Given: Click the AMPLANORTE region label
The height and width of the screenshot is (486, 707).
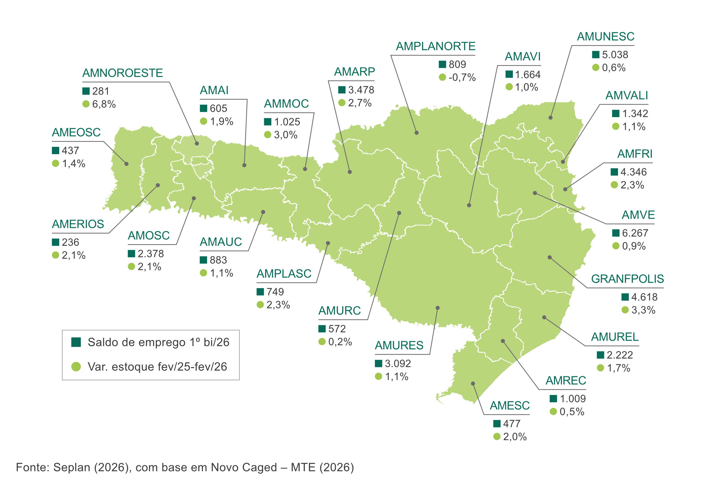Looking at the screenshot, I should pos(435,46).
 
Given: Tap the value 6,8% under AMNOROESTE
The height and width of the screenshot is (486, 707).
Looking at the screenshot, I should pos(104,104).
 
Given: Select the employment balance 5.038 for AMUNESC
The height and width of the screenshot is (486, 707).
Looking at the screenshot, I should pos(615,55).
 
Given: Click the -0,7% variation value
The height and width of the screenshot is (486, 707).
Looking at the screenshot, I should pos(462,77).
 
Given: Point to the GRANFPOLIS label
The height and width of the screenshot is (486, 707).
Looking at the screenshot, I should pos(627,279).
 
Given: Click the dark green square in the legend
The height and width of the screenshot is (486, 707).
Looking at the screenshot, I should pos(76,342).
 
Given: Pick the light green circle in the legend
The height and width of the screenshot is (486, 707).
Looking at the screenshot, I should pos(76,367).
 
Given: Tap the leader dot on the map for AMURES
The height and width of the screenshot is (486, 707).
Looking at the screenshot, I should pos(438,308).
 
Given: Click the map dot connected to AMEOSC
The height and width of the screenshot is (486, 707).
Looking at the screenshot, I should pos(127,164).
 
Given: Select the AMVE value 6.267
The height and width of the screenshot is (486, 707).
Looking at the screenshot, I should pos(635,233).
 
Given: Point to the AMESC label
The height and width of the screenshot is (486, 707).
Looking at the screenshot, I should pos(509,406).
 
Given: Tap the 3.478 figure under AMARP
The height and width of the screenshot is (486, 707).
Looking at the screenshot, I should pos(361,90).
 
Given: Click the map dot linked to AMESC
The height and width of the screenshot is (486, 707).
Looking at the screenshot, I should pos(473,383).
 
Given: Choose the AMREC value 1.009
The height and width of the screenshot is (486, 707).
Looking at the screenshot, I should pos(572,399).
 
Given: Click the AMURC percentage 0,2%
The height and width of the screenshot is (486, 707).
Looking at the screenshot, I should pos(340,342).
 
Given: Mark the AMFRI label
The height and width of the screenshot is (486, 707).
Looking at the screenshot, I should pos(634,154).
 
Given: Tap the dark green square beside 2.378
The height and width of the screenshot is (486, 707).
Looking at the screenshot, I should pos(131,254).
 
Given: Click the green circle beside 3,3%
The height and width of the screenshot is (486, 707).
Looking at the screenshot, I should pos(625,310).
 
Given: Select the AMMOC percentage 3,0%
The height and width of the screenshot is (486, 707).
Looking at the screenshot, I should pos(285,135).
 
